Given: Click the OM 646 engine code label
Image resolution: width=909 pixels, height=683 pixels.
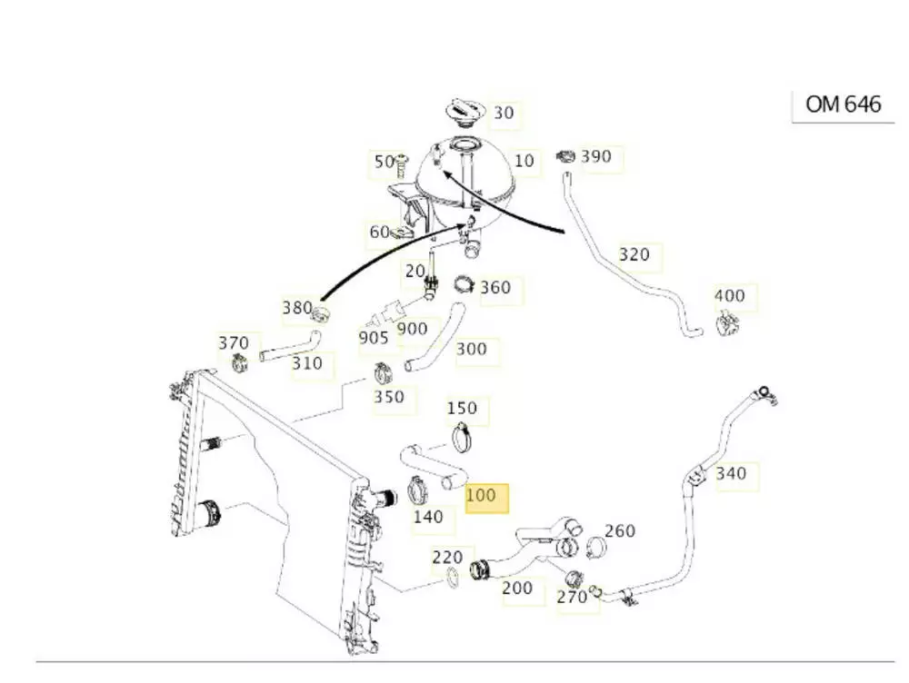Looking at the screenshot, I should [x=843, y=104].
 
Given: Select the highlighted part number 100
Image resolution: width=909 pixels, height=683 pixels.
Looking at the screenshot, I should [x=481, y=496].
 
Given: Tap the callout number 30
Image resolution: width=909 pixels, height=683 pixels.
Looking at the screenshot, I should [x=504, y=113].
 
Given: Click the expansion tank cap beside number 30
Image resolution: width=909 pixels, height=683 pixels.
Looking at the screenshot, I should [x=464, y=114].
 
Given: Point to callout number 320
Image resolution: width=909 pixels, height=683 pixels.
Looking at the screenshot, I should [x=634, y=254].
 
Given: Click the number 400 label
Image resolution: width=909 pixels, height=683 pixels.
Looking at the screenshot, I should [x=729, y=295].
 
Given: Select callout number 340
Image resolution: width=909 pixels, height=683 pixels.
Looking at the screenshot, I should [x=731, y=473].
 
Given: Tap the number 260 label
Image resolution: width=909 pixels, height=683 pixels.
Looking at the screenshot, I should [x=619, y=530].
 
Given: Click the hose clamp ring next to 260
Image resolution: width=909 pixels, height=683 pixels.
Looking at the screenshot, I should [x=595, y=548].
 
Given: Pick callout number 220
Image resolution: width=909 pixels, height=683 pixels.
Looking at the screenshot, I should [x=447, y=557].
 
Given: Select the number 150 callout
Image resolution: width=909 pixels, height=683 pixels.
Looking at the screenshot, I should [x=462, y=409].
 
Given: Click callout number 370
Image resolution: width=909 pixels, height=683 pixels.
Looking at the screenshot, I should [x=233, y=343].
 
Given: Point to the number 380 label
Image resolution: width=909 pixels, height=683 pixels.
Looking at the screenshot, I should [x=297, y=308].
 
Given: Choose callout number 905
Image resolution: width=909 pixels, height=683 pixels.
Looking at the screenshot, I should [x=374, y=338].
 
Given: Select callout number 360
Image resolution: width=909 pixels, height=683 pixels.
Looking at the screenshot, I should [x=495, y=288].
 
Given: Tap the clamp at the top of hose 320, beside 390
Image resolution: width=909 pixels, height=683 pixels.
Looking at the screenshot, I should [x=565, y=156].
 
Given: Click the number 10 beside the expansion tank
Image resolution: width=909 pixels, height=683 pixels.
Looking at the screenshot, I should [x=524, y=161].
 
